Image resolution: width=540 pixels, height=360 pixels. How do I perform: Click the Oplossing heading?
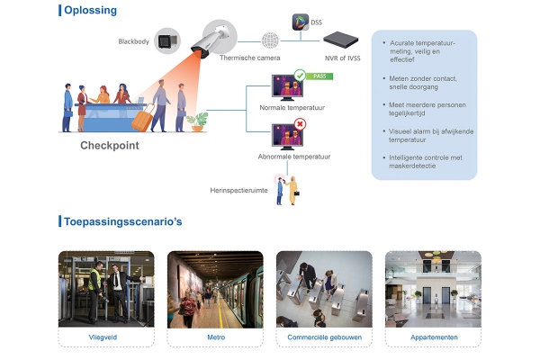pyautogui.click(x=90, y=10)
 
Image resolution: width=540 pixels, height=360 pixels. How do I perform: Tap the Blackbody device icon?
pyautogui.click(x=167, y=41)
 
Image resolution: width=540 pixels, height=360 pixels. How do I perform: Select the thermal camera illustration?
pyautogui.click(x=213, y=40)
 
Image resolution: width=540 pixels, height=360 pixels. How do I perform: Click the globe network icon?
pyautogui.click(x=270, y=40)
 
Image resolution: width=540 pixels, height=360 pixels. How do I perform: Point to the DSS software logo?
pyautogui.click(x=301, y=22)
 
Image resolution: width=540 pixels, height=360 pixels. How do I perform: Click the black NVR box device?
pyautogui.click(x=340, y=40)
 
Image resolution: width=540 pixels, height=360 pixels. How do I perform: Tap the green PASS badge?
pyautogui.click(x=319, y=76)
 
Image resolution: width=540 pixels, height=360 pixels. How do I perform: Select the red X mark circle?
pyautogui.click(x=300, y=124)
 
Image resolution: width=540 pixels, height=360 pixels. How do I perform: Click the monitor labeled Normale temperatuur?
pyautogui.click(x=287, y=87)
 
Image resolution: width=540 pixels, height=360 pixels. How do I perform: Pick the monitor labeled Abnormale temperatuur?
pyautogui.click(x=287, y=137)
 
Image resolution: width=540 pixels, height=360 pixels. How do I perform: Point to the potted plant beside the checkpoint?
pyautogui.click(x=197, y=121)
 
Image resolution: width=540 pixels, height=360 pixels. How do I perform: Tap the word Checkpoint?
pyautogui.click(x=110, y=146)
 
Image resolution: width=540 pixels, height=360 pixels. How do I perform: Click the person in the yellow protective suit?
pyautogui.click(x=292, y=190)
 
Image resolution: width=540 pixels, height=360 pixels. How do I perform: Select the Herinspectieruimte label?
pyautogui.click(x=238, y=190)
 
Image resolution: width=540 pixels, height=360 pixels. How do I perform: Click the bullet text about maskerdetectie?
pyautogui.click(x=426, y=162)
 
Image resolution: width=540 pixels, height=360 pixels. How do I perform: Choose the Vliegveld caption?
pyautogui.click(x=103, y=337)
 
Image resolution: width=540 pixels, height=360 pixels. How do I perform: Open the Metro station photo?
pyautogui.click(x=215, y=290)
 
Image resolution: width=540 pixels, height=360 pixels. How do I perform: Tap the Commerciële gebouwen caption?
pyautogui.click(x=324, y=337)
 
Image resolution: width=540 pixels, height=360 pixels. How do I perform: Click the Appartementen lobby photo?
pyautogui.click(x=433, y=289)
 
